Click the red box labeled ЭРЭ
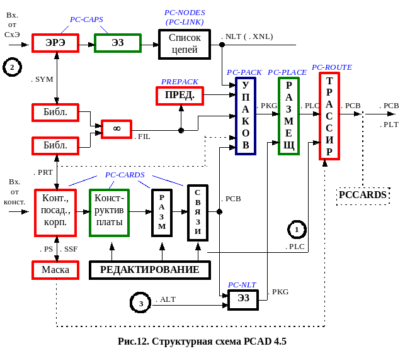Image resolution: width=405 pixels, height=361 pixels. pos(57,43)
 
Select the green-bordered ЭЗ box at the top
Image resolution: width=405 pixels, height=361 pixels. pos(117,43)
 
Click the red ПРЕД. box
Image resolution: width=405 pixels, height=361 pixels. pos(180,96)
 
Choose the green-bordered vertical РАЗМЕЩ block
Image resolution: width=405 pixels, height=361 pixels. pos(288,116)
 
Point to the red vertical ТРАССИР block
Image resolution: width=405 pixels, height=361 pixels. pos(329,116)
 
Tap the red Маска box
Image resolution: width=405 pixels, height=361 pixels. pos(55,270)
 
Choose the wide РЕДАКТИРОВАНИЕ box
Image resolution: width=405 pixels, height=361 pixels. pos(150,270)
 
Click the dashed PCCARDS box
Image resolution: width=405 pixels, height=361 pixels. pos(362,196)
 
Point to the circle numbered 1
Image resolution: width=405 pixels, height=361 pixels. pos(298,227)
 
